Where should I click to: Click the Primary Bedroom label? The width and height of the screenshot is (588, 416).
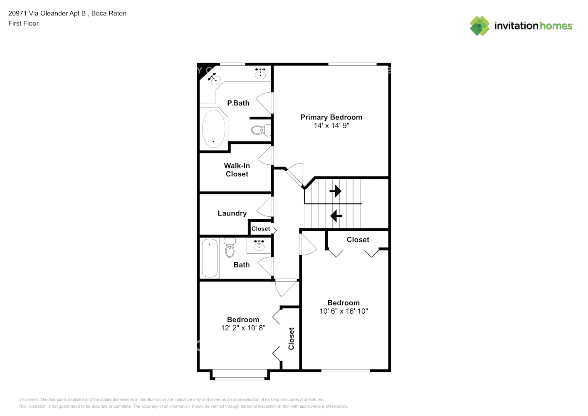(331, 117)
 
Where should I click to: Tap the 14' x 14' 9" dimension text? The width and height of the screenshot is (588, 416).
(331, 126)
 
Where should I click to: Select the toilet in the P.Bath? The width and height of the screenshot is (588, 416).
(261, 130)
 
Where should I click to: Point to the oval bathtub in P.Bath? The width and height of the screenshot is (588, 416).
(214, 129)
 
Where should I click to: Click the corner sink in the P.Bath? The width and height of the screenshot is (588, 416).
(215, 79)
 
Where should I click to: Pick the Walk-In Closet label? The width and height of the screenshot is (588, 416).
(237, 170)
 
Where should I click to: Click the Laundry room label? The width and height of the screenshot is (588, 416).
(232, 213)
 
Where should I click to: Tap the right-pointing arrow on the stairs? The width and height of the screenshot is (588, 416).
(336, 191)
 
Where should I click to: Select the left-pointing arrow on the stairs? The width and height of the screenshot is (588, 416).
(336, 216)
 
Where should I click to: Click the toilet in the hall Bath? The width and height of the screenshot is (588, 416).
(230, 248)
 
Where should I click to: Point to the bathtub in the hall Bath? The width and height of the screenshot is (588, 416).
(210, 258)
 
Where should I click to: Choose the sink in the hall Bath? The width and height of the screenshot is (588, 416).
(259, 245)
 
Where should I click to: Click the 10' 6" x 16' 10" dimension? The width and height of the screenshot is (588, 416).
(343, 311)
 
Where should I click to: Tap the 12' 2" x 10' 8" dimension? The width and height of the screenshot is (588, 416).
(243, 328)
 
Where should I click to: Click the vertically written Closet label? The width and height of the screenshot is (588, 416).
(291, 339)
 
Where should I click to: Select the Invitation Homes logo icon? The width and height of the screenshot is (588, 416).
(479, 26)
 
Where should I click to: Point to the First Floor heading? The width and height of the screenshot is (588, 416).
(23, 23)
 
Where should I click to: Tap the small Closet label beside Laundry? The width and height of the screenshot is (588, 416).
(261, 229)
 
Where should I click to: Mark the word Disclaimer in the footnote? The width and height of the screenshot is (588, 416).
(29, 399)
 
